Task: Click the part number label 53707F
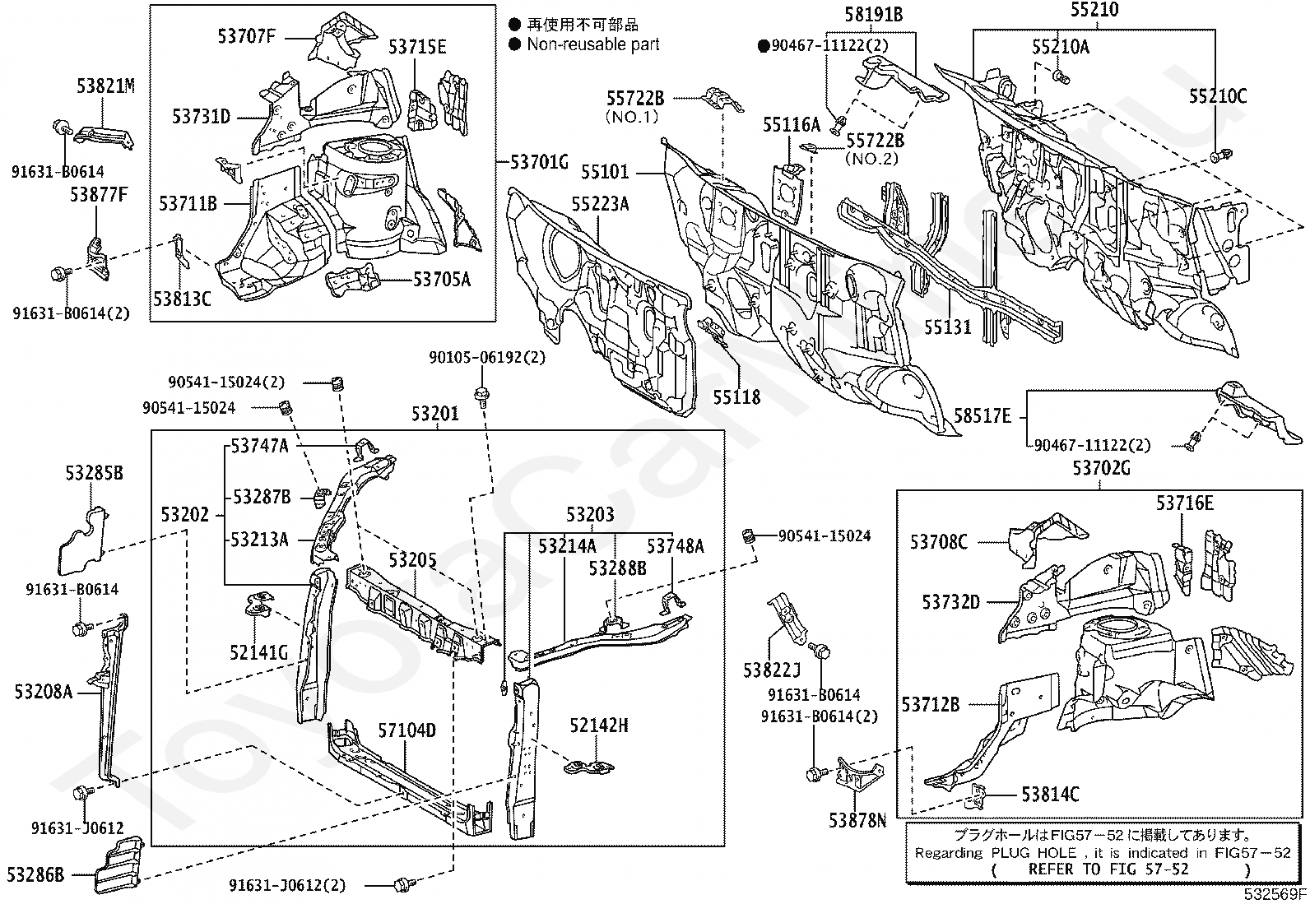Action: pos(247,35)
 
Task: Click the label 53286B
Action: pos(35,874)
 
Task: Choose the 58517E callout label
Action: pos(982,417)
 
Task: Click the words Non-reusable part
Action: pos(592,44)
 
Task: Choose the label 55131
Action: pos(947,327)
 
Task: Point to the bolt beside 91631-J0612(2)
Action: pos(402,884)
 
